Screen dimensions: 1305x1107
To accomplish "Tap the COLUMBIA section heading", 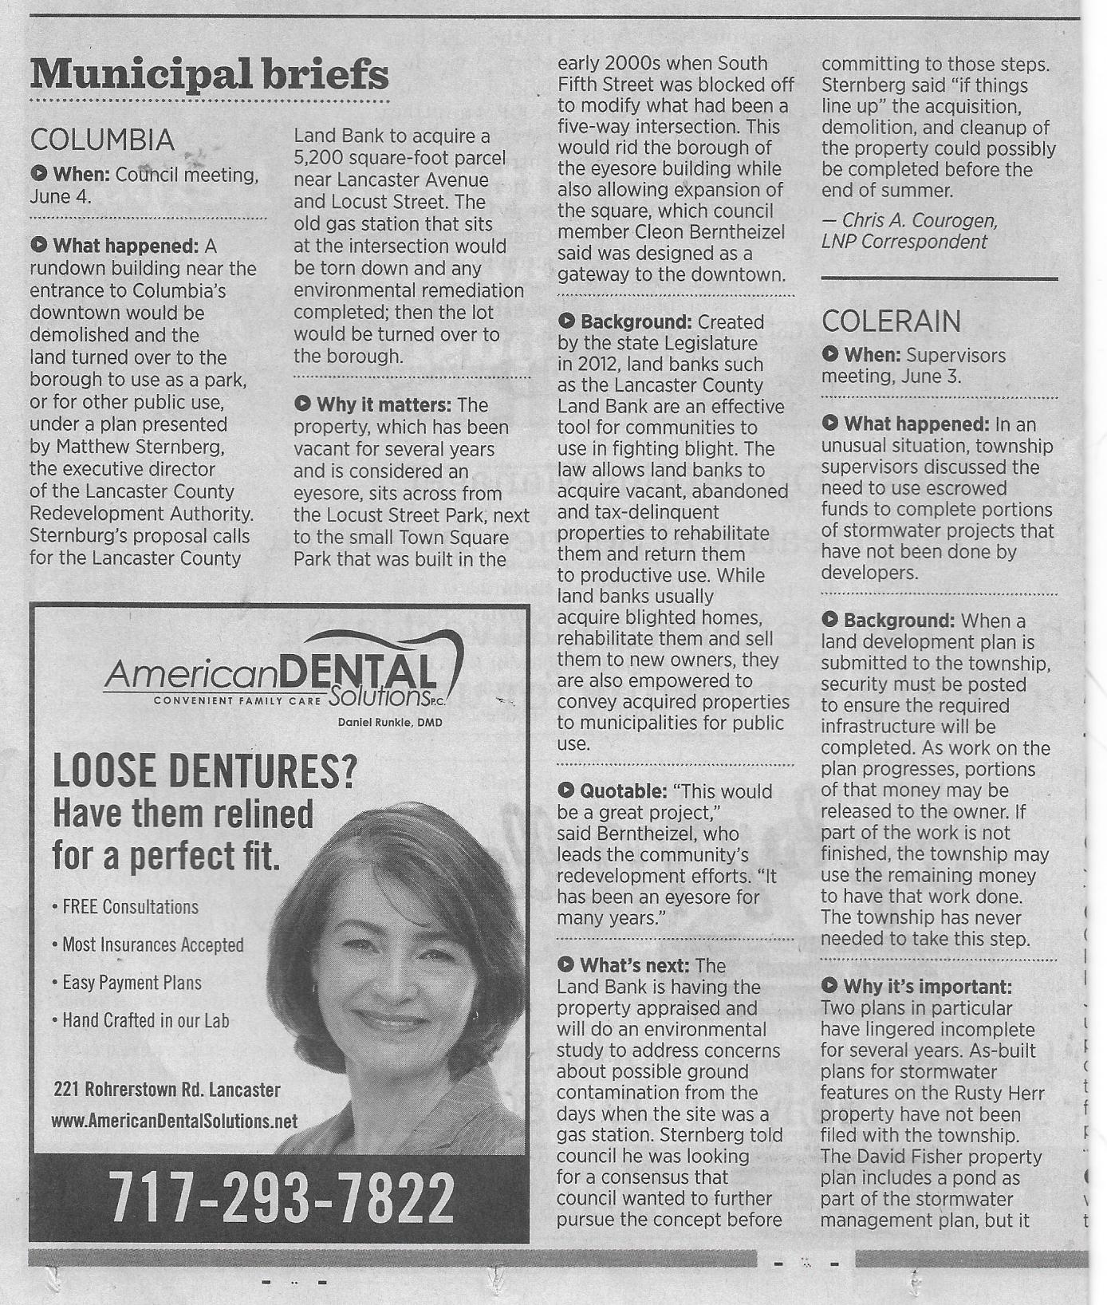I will coord(102,140).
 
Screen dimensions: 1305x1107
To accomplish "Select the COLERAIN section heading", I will coord(891,321).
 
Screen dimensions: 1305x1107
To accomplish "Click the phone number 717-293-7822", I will coord(281,1197).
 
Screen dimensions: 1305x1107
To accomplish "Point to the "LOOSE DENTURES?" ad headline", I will coord(204,771).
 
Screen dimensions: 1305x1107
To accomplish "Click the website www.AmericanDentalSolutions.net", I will coord(174,1121).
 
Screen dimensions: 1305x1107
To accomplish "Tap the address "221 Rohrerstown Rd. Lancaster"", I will coord(167,1089).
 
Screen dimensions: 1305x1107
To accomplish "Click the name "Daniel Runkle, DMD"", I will coord(390,723).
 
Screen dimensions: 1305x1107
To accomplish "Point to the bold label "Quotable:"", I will coord(622,791).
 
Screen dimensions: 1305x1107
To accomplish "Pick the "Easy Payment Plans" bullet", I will coord(132,983).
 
